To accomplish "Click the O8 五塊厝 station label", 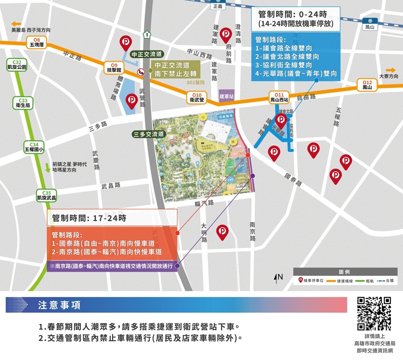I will click(x=37, y=42).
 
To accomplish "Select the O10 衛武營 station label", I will click(x=197, y=97).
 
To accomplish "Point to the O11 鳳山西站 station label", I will click(x=279, y=97).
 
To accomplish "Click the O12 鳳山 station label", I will click(x=367, y=85).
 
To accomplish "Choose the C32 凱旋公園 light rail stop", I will click(x=17, y=65).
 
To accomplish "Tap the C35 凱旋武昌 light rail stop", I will click(x=46, y=195).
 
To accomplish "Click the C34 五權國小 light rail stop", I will click(x=34, y=147).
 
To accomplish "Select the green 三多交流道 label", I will click(x=149, y=134).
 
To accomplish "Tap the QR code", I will click(x=374, y=313).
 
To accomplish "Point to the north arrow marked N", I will click(x=278, y=277).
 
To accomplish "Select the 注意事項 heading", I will click(x=59, y=305).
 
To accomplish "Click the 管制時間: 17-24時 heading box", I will click(x=112, y=218).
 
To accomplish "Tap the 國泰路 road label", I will click(x=293, y=179).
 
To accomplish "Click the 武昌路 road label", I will click(x=111, y=185).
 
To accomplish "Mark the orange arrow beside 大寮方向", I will click(x=391, y=70).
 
